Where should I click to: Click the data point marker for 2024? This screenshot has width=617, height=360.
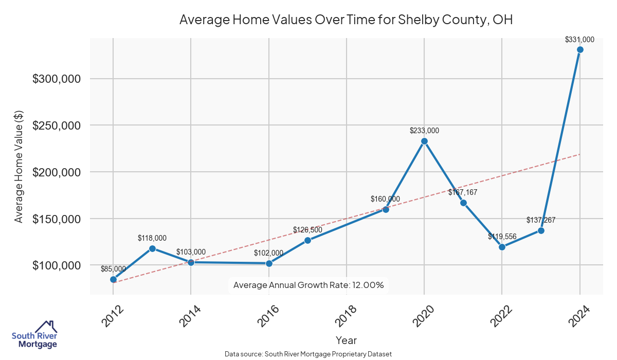tap(580, 50)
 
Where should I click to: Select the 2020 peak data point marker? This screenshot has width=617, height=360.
tap(424, 141)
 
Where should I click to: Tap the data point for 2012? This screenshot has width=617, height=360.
tap(113, 279)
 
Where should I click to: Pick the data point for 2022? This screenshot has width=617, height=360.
tap(502, 247)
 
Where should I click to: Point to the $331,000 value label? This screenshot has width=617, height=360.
tap(579, 39)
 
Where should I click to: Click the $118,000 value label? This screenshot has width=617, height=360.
tap(152, 238)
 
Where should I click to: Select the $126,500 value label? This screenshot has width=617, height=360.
tap(307, 229)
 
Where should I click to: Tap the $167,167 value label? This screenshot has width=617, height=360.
tap(463, 192)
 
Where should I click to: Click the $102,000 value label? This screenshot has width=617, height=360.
tap(268, 253)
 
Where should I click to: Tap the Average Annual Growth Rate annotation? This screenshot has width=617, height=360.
tap(308, 285)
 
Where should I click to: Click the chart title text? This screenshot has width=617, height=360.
tap(346, 20)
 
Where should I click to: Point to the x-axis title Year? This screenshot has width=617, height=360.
tap(346, 340)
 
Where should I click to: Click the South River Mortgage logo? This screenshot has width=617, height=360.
tap(34, 335)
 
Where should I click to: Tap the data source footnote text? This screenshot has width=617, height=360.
tap(308, 354)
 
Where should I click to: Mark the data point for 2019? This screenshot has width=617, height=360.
tap(386, 209)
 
